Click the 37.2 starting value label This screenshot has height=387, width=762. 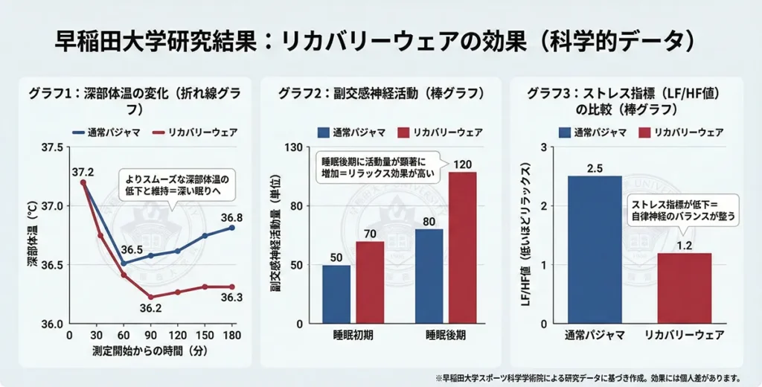[x=83, y=173]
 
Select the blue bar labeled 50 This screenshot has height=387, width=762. [x=336, y=294]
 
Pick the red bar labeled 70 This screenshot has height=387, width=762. [x=370, y=282]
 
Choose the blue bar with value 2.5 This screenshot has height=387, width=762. [x=595, y=249]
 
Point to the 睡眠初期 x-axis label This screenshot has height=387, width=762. [x=353, y=336]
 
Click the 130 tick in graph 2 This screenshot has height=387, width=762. [x=291, y=147]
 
